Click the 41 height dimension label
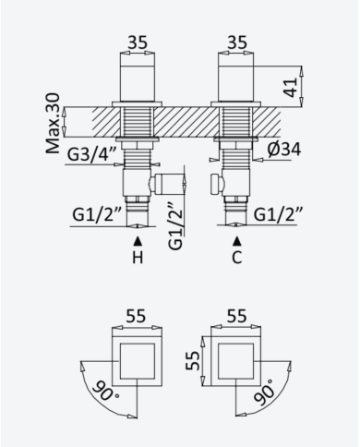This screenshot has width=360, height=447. point(291,87)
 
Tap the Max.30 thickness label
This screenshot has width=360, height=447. point(53,123)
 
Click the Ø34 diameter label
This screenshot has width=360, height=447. point(284,150)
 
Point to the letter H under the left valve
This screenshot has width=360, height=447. point(138,258)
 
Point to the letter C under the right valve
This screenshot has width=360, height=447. point(236,258)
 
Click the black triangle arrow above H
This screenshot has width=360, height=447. point(138,241)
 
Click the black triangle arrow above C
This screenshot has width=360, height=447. point(236,241)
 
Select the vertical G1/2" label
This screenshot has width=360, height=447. point(175,225)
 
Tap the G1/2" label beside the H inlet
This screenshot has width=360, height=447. point(98,214)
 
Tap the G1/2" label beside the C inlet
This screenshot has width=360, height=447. point(279,214)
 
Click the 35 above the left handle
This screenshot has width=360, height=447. point(138,42)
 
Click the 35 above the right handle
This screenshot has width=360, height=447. point(237,42)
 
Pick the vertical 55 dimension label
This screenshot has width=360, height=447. point(193,360)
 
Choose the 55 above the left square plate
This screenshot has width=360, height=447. point(136,316)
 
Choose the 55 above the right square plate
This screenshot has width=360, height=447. point(236,316)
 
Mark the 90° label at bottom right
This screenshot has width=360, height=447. point(264,392)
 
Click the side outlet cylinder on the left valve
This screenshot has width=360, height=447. point(168,184)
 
